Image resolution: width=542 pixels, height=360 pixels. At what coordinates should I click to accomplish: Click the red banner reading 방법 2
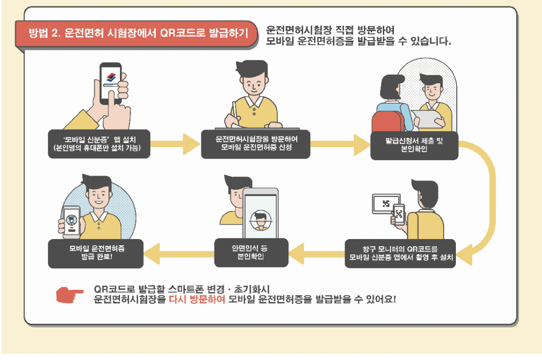click(136, 33)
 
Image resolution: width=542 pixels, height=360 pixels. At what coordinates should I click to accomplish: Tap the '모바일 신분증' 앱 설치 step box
click(99, 143)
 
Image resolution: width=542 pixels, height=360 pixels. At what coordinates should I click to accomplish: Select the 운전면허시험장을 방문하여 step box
click(256, 144)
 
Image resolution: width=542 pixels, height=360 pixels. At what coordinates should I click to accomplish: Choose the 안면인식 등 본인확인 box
click(251, 252)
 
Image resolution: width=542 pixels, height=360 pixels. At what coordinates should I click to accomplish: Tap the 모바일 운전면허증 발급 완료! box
click(96, 253)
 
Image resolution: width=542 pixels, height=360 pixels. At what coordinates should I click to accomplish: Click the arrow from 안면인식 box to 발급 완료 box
click(179, 253)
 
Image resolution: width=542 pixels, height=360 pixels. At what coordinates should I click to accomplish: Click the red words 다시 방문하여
click(197, 300)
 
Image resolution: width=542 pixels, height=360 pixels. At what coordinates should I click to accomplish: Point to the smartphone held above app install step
click(110, 82)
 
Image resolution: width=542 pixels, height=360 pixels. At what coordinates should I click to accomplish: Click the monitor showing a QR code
click(386, 204)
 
